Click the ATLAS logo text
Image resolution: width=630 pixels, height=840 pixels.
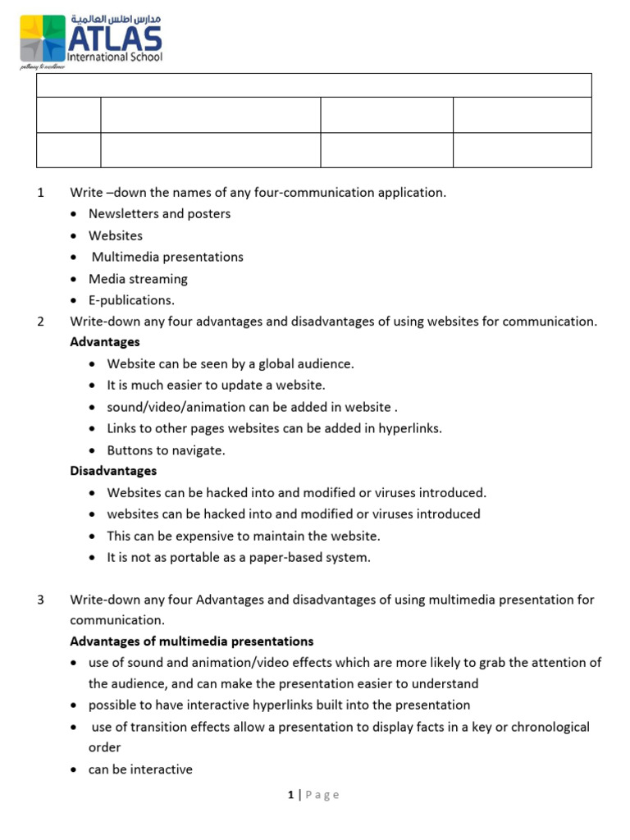(115, 39)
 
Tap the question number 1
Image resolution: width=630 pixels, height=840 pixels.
(40, 193)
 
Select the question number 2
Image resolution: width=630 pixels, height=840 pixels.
(40, 322)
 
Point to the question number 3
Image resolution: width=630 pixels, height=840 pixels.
(40, 600)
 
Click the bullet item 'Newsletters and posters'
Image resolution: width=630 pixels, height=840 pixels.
(159, 214)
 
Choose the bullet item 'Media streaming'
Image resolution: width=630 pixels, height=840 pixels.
(138, 279)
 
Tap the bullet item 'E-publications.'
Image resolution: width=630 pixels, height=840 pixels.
(131, 300)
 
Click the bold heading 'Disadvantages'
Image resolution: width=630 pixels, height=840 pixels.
(113, 471)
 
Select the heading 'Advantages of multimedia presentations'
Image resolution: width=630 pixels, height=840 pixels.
(192, 641)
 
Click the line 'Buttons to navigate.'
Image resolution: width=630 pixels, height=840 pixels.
(166, 450)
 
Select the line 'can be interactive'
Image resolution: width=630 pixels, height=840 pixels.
(140, 769)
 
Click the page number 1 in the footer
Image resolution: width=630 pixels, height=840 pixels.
(290, 794)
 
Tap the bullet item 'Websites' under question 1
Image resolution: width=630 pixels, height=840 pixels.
(115, 235)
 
